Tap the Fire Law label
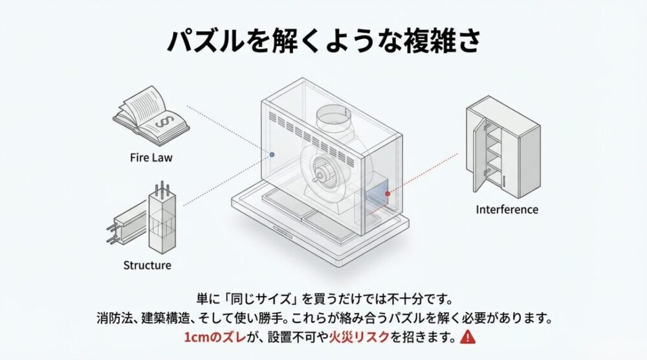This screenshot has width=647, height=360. point(151,157)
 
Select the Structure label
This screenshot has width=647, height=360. point(147,265)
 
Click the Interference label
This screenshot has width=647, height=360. point(507,209)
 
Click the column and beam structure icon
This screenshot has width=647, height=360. point(144,219)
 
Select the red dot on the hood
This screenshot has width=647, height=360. point(388,193)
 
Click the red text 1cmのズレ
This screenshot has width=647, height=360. point(209,337)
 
